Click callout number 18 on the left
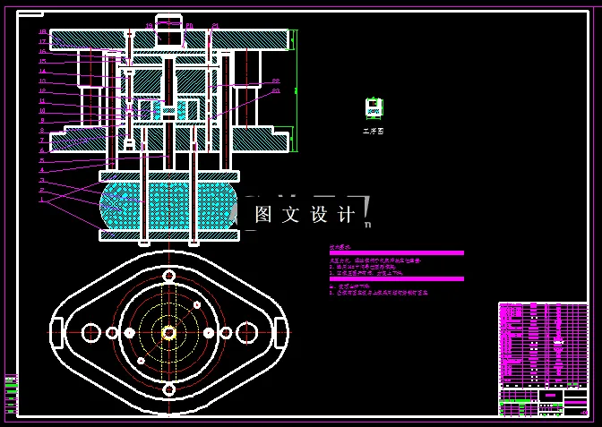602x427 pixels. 42,32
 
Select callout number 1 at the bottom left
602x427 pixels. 41,200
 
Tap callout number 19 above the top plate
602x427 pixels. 150,26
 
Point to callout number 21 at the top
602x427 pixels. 215,26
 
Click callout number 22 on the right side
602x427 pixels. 276,81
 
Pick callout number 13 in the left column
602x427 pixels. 42,81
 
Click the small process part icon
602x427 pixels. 374,108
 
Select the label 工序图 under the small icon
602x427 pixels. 373,131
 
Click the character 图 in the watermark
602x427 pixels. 263,215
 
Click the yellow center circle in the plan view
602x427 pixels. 168,332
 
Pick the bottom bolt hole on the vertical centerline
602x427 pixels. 168,389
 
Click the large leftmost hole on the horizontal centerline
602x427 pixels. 90,332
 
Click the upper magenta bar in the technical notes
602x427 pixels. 397,252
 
